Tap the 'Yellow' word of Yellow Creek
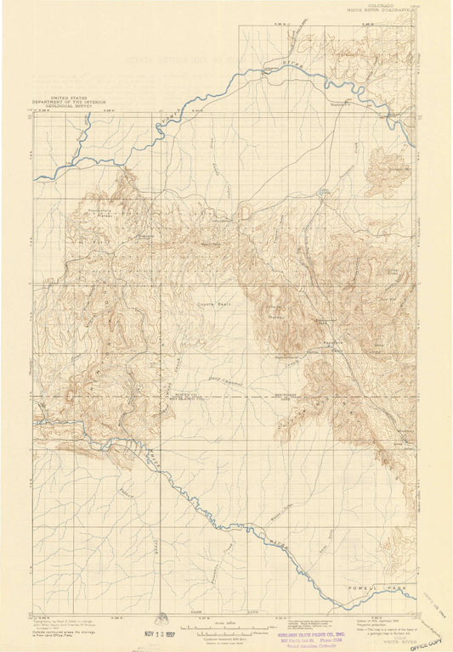pos(127,493)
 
